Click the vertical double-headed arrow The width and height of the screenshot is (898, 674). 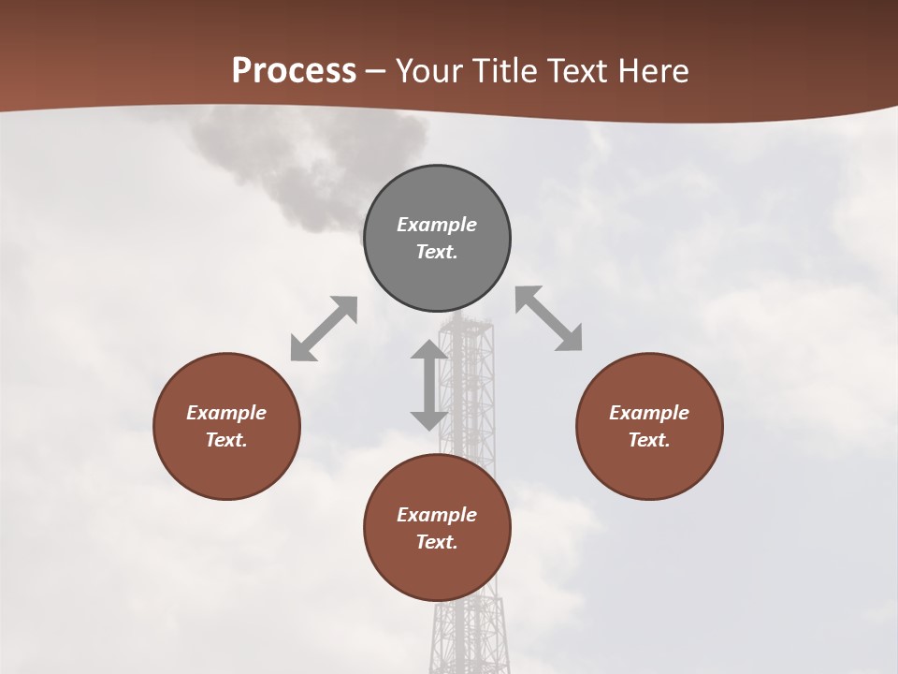429,386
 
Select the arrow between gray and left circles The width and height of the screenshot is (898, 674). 324,329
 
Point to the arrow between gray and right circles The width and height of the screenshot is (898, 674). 549,318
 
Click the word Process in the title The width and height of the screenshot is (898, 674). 294,71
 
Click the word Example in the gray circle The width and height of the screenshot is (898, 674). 437,225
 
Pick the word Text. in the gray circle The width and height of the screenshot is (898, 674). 437,252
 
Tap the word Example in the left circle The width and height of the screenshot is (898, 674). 226,413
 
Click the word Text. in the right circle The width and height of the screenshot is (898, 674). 649,440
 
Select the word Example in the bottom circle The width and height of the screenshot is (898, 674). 437,515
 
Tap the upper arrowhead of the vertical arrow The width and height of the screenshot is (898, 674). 429,350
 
